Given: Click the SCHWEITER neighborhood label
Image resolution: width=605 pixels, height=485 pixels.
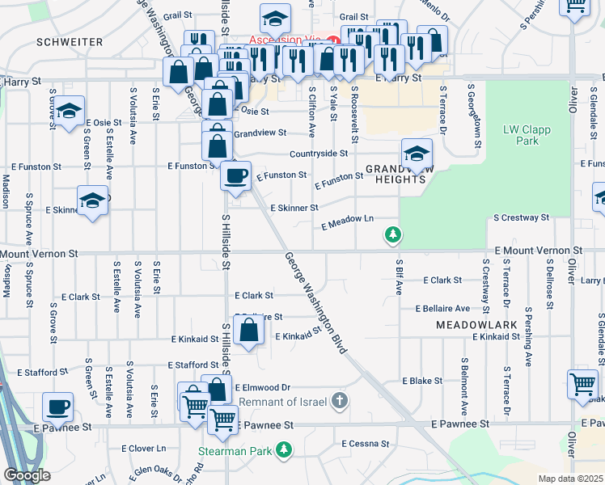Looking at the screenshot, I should pos(70,41).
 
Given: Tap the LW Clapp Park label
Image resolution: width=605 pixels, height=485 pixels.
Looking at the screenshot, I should pos(521,135).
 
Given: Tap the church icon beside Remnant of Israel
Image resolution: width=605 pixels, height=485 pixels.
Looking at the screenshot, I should pos(341,401).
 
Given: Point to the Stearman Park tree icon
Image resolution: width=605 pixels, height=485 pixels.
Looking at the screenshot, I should pos(283,449).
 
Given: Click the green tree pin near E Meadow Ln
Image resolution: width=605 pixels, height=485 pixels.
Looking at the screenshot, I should pos(393,235).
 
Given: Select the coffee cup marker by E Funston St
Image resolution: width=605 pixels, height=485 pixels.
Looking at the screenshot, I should pos(235,175).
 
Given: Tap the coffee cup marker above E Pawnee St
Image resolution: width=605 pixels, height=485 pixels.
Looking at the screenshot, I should pos(57,407).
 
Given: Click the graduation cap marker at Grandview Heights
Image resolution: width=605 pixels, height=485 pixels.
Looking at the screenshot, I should pos(417,154).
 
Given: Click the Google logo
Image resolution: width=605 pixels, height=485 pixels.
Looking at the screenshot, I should pos(27,475).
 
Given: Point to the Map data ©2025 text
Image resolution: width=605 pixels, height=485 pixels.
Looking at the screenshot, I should pos(570,479).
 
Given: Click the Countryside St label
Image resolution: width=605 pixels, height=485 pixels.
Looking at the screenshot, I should pos(319,153).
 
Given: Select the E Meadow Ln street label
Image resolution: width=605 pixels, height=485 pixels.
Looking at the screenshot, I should pos(347,221).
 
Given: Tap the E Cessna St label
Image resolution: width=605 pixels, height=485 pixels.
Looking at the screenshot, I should pos(365,444).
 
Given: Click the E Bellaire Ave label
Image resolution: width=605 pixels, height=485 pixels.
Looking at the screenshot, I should pos(442,309).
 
